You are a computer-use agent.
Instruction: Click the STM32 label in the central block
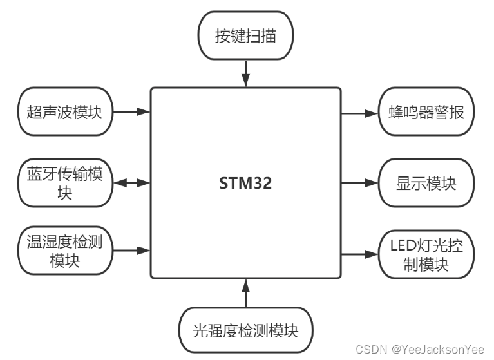[x=245, y=184]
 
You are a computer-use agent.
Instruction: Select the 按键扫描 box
[x=245, y=36]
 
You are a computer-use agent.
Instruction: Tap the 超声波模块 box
[x=65, y=112]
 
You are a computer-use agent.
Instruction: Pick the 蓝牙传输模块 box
[x=65, y=183]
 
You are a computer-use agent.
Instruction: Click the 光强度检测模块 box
[x=245, y=331]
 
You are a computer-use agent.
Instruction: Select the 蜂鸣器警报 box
[x=426, y=113]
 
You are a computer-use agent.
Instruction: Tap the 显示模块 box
[x=426, y=183]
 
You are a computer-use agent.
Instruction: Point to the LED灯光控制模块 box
[x=426, y=254]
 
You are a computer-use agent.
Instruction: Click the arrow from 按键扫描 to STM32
[x=245, y=71]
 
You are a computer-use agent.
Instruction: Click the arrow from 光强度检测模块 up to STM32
[x=245, y=293]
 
